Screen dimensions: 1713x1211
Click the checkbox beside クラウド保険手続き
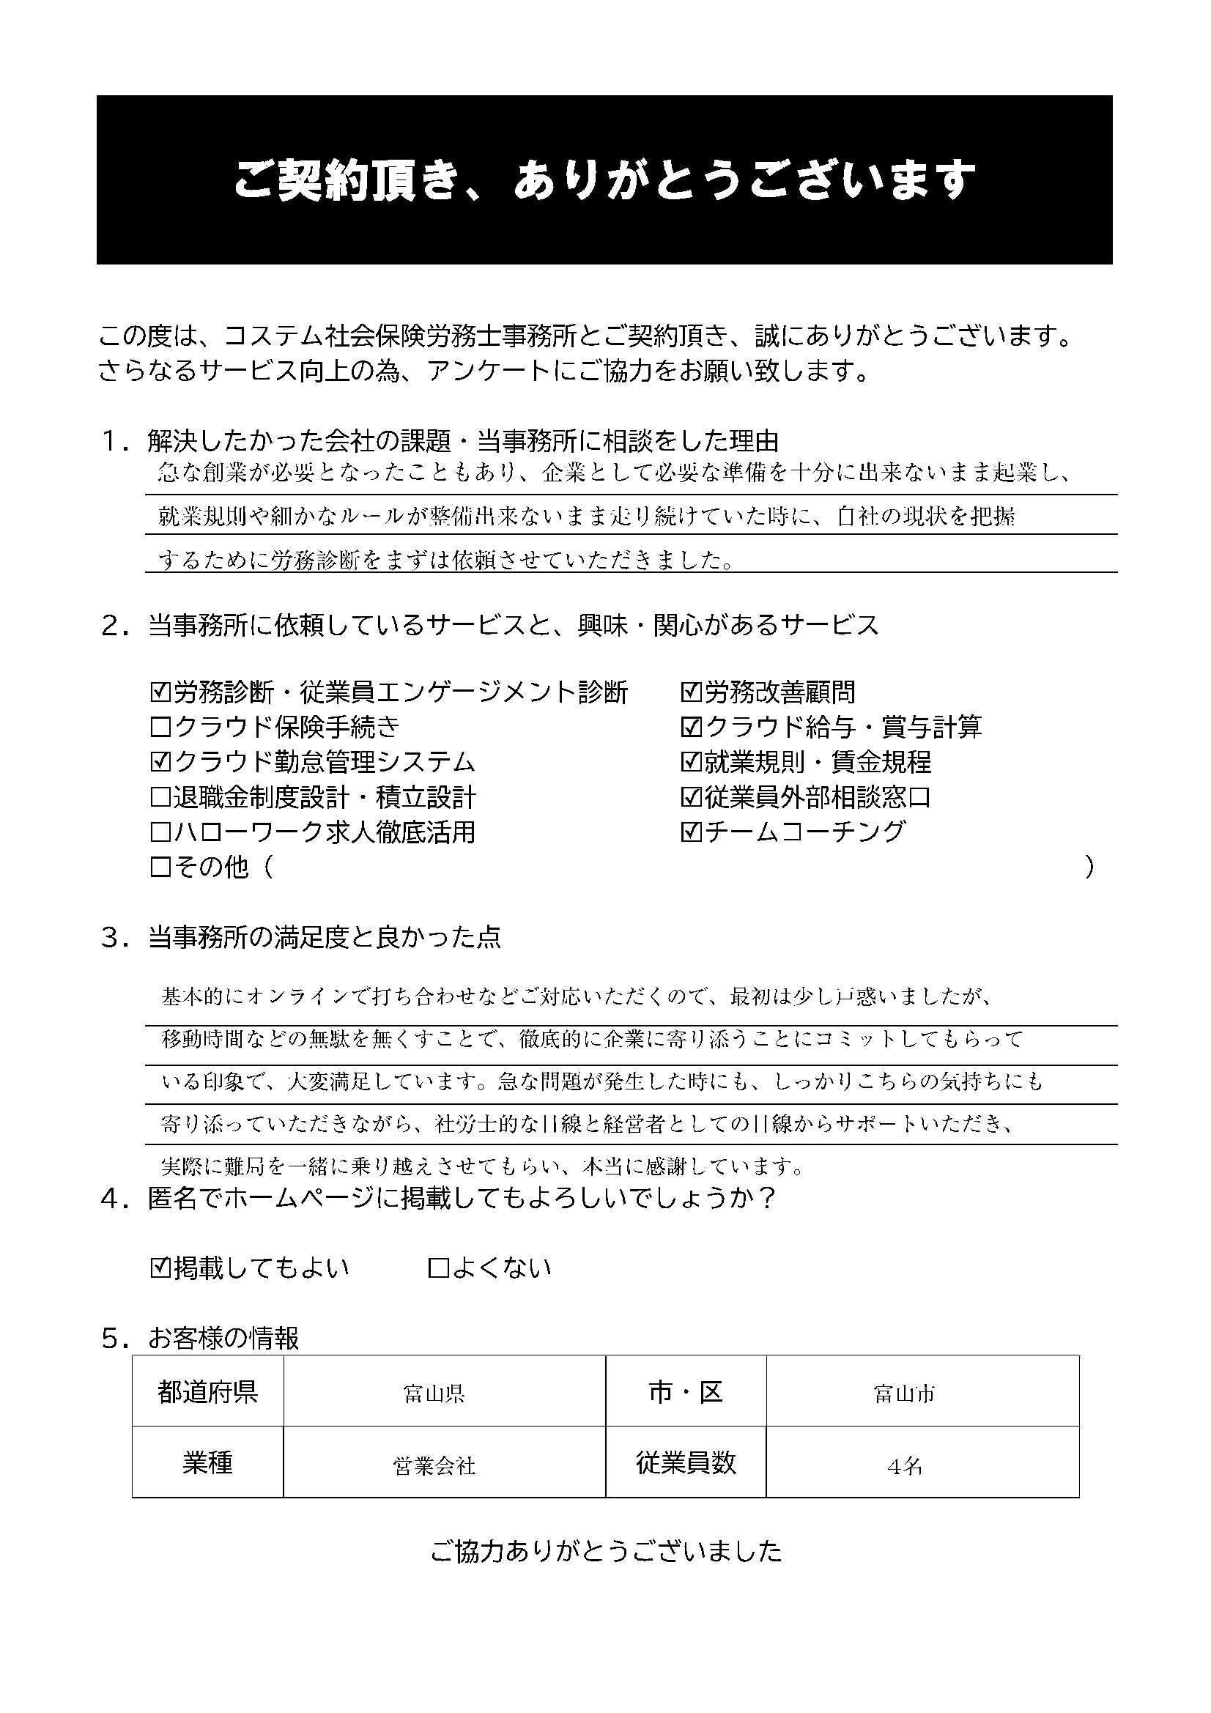160,728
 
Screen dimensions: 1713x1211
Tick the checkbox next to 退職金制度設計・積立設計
160,798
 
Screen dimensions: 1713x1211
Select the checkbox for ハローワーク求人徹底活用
160,832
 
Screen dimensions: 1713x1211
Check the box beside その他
160,867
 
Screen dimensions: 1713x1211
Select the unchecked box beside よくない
438,1268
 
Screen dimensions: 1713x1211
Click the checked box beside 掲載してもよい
160,1268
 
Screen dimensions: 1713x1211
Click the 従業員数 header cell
686,1463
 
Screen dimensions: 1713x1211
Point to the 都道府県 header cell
207,1392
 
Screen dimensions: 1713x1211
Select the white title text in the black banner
604,180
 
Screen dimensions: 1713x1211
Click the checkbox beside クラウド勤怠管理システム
160,762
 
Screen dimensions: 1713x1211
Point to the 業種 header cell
207,1463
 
